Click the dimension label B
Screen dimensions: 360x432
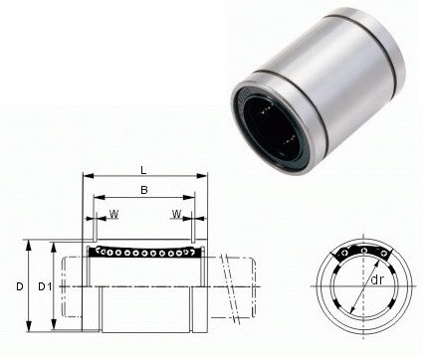143,191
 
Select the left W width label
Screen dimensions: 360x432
112,213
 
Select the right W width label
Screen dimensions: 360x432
174,213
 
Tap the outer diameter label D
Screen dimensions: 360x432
19,286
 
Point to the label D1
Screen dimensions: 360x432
44,286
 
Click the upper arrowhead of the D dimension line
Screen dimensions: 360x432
30,243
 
